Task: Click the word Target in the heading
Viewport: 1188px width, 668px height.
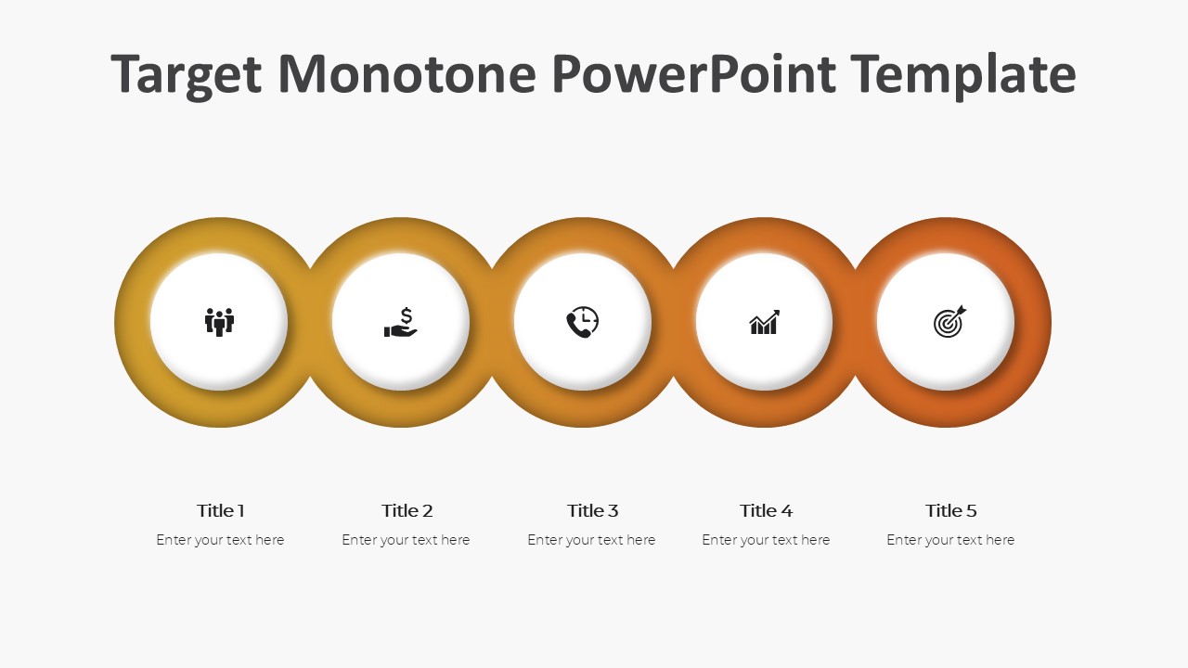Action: [186, 74]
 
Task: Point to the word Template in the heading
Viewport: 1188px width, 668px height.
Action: [962, 74]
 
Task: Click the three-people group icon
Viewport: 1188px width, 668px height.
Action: [219, 322]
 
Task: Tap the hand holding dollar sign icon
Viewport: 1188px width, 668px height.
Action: [401, 323]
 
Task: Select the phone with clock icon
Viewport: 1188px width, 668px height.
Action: [582, 322]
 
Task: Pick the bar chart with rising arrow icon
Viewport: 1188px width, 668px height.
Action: [764, 323]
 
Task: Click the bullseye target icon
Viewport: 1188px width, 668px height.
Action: [949, 322]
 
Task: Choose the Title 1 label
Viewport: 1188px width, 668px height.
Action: [221, 510]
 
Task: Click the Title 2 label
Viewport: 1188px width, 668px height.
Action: [407, 510]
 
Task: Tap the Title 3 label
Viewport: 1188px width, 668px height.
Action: [592, 510]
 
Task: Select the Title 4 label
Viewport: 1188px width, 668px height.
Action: [766, 510]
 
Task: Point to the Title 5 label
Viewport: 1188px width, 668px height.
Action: [950, 510]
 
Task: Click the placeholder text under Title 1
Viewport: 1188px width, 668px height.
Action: [220, 540]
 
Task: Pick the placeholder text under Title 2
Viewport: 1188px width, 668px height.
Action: [406, 540]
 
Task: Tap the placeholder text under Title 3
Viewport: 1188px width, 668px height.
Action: [591, 540]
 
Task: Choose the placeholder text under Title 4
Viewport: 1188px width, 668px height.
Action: [766, 540]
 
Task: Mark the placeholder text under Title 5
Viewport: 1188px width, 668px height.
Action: [950, 540]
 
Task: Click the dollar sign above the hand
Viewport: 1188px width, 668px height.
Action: [407, 315]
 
